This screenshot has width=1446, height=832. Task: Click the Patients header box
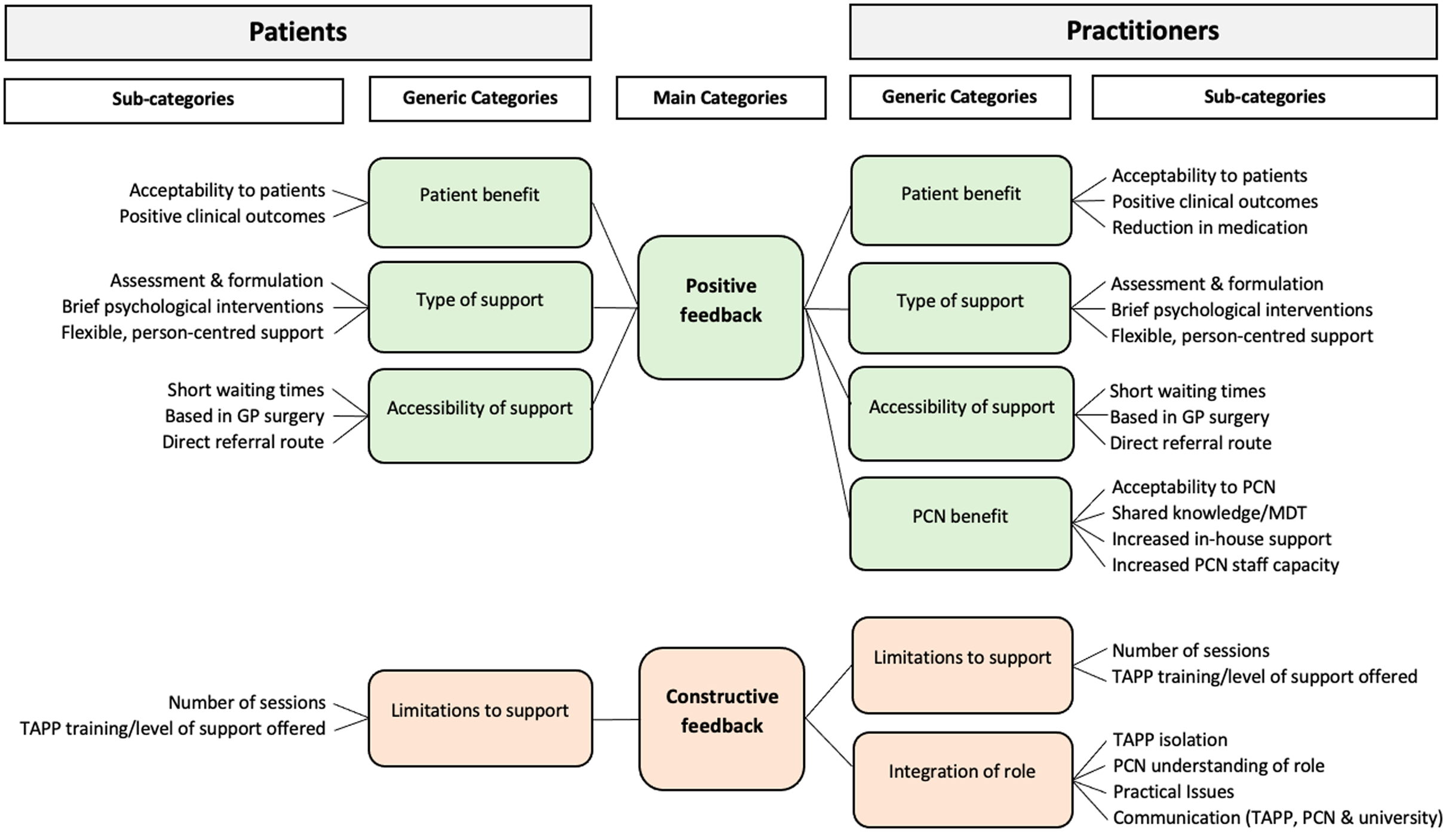pos(298,32)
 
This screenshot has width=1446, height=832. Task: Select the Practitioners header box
pos(1143,31)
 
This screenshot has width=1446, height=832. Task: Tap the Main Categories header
pos(720,97)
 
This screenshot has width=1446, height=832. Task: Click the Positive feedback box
pos(720,307)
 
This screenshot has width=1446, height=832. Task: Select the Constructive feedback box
pos(722,718)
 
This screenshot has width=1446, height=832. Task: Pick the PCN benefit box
pos(960,523)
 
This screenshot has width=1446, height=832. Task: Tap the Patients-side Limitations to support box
pos(480,717)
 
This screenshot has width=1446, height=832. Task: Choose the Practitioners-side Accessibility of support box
pos(961,413)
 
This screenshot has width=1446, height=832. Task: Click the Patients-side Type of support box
pos(480,307)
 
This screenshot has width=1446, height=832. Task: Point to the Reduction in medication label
pos(1209,228)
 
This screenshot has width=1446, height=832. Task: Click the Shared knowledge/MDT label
pos(1209,513)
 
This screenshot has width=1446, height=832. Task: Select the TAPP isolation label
pos(1170,740)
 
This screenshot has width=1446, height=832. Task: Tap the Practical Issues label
pos(1173,792)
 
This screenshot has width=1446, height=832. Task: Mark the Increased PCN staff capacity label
pos(1225,565)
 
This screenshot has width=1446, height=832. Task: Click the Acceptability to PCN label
pos(1193,487)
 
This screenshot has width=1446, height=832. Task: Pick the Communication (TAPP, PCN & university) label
pos(1277,818)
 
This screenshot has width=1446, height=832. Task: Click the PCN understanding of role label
pos(1218,766)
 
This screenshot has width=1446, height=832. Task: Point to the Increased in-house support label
pos(1221,539)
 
